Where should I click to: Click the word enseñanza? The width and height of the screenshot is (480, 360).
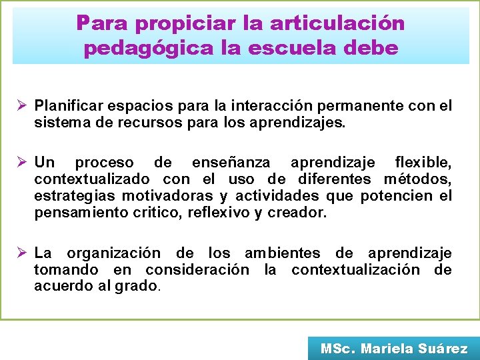click(x=231, y=163)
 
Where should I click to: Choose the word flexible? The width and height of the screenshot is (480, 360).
click(x=423, y=163)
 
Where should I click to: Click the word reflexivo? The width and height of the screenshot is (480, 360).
click(x=218, y=213)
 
